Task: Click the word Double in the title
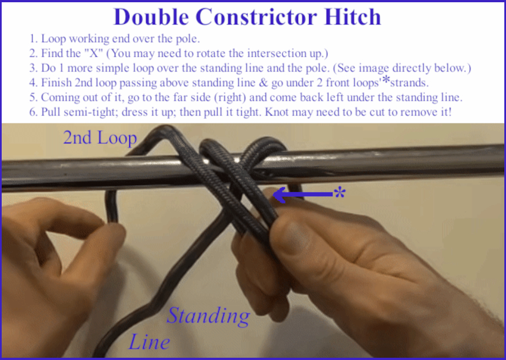(151, 17)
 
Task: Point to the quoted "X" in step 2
(94, 53)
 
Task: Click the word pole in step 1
(187, 39)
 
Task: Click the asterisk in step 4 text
(386, 80)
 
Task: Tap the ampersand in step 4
(263, 83)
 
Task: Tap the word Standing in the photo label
(209, 316)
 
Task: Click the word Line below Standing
(150, 342)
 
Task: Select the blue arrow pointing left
(302, 195)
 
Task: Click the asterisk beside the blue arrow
(340, 193)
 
